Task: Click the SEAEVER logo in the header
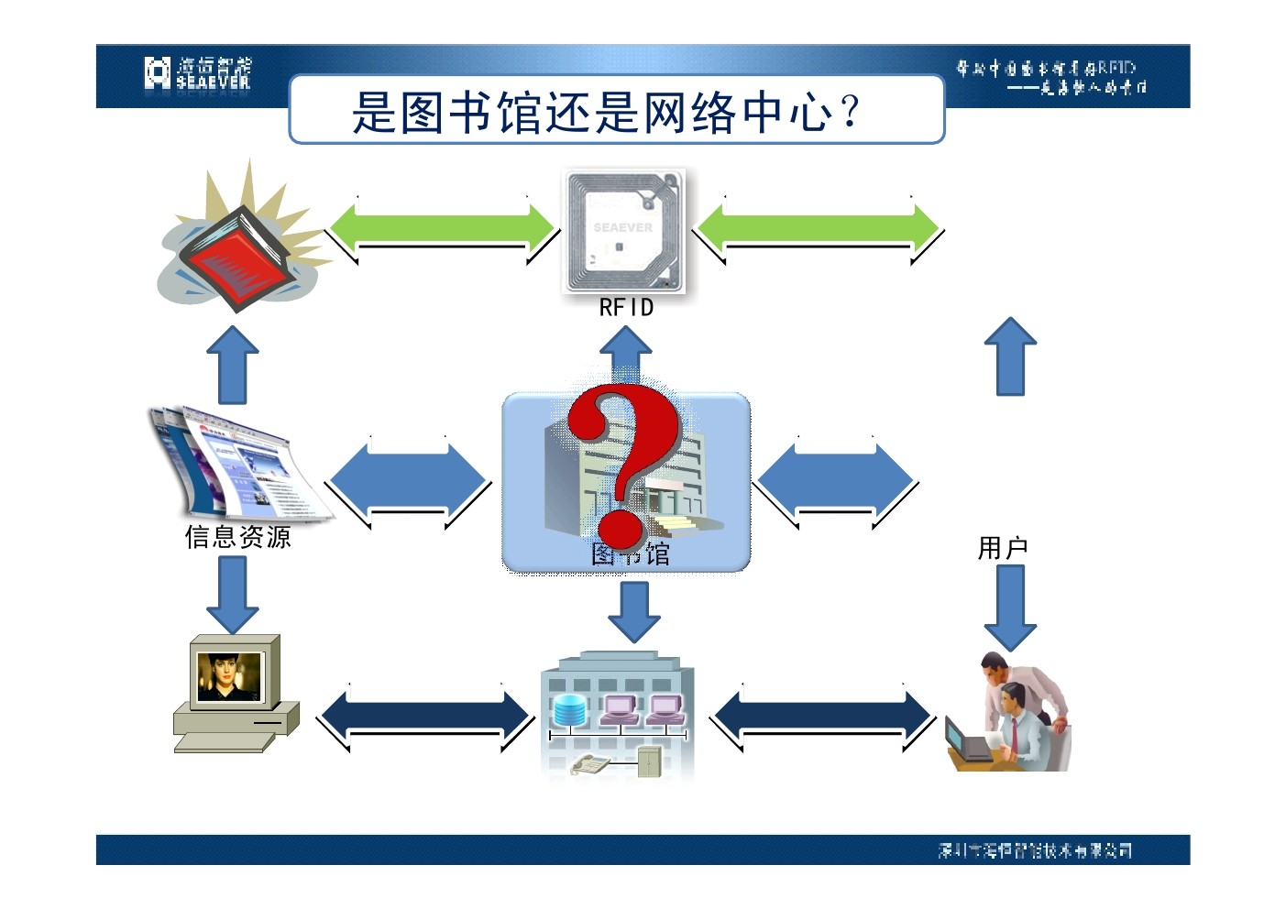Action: point(197,73)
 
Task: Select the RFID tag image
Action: point(623,230)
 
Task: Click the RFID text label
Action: point(626,308)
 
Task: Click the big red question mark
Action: point(623,463)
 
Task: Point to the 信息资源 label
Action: point(238,537)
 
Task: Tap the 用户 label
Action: point(1003,548)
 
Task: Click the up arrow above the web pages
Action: point(233,364)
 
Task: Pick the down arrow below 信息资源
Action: point(233,594)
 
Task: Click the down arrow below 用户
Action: point(1010,606)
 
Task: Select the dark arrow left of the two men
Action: point(822,717)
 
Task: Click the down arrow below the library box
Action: point(634,610)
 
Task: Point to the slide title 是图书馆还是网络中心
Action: point(607,112)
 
